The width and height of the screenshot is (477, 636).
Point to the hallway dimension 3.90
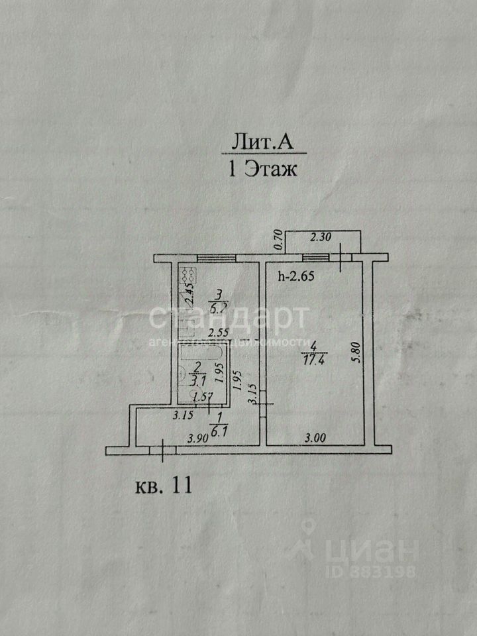tap(199, 437)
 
